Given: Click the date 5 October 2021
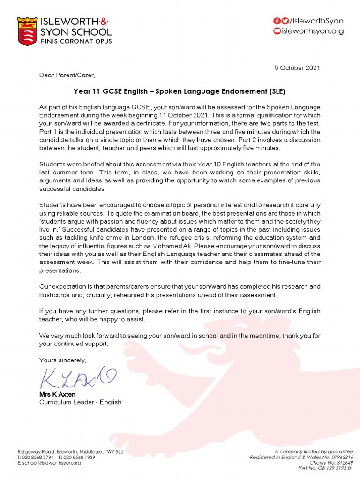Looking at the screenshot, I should click(297, 68).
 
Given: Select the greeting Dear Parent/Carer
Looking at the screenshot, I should click(67, 75).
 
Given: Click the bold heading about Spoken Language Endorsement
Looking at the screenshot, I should click(180, 91).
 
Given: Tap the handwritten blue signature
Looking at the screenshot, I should click(75, 377).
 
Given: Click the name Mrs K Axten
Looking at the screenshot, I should click(57, 394).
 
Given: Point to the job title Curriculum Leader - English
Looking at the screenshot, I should click(80, 402).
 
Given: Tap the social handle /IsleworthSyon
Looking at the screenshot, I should click(316, 21).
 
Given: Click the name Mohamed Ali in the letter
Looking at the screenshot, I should click(174, 245).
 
